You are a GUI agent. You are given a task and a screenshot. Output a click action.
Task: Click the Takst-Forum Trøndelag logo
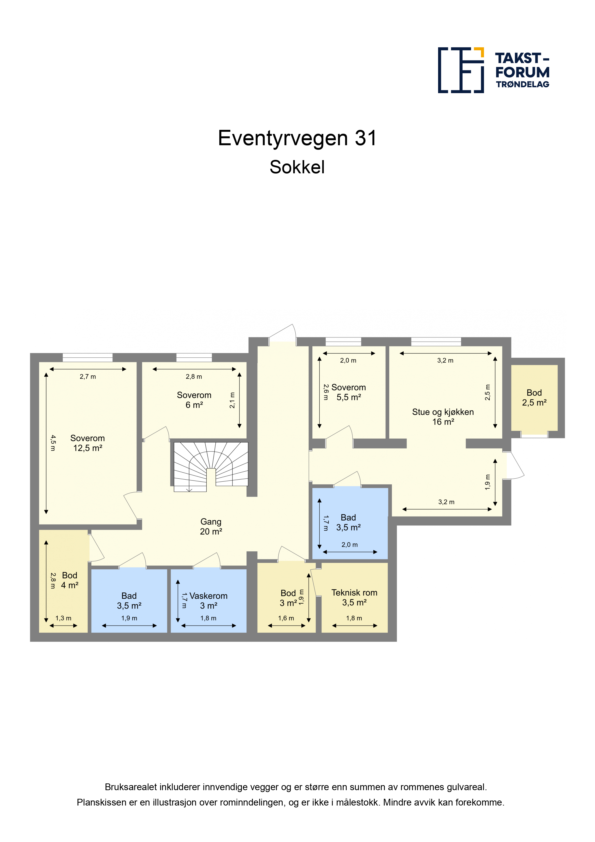494,70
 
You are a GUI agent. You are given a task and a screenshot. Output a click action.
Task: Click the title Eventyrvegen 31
297,138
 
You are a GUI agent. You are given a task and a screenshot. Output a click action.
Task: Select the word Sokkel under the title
297,167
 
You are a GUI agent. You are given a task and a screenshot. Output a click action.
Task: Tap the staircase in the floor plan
211,466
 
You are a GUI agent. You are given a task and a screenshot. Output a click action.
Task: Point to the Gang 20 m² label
211,526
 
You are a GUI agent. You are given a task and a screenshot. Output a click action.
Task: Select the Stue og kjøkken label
443,412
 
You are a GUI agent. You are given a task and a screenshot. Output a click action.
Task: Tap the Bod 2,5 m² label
534,397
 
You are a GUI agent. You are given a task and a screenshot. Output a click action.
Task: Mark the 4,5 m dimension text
53,443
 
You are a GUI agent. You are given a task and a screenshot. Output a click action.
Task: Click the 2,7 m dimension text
88,377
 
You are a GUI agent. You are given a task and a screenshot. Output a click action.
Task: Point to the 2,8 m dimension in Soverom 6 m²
194,377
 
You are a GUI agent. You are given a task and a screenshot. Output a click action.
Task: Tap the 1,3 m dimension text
63,618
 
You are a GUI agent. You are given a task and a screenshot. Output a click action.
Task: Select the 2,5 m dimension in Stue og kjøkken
487,392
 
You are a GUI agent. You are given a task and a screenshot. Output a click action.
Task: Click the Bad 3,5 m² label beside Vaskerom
129,601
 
